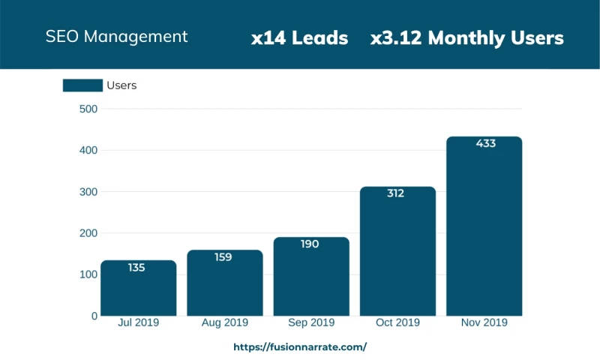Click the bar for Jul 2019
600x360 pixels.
pyautogui.click(x=139, y=292)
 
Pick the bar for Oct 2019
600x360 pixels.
pyautogui.click(x=397, y=255)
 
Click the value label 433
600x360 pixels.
pyautogui.click(x=485, y=143)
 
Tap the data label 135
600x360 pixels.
pyautogui.click(x=136, y=267)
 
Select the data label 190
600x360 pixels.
pyautogui.click(x=309, y=244)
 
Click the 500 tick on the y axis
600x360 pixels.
pyautogui.click(x=88, y=109)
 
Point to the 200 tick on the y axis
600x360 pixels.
pyautogui.click(x=88, y=233)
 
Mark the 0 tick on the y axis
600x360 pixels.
pyautogui.click(x=94, y=316)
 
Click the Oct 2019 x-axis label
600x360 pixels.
pyautogui.click(x=397, y=323)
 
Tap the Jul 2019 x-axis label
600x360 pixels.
pyautogui.click(x=139, y=323)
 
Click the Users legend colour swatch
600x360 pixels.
pyautogui.click(x=82, y=85)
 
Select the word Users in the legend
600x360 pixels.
pyautogui.click(x=121, y=85)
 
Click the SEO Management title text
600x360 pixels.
pyautogui.click(x=116, y=37)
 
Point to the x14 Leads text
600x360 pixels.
pyautogui.click(x=299, y=38)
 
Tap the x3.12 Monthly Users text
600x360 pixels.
pyautogui.click(x=466, y=38)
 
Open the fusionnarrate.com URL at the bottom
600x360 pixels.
pyautogui.click(x=300, y=347)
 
